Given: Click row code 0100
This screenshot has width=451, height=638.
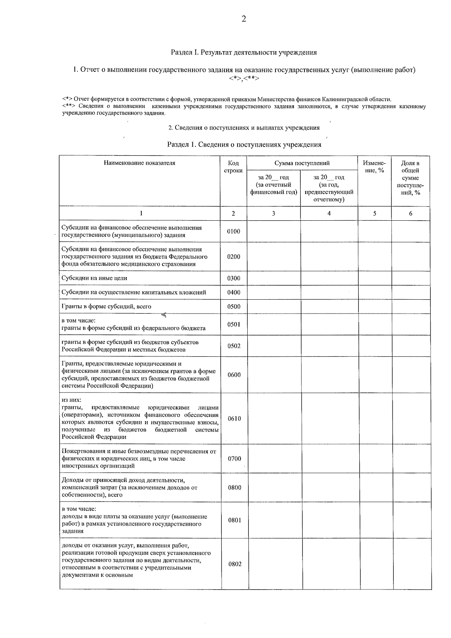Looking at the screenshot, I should [x=233, y=231].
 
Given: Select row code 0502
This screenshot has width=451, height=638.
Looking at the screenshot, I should [x=234, y=346].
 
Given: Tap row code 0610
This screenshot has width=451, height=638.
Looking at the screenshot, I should [x=234, y=418].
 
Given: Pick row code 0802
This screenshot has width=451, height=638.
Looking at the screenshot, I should [x=235, y=564].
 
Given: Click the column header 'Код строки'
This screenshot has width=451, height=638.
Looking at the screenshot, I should [x=233, y=167].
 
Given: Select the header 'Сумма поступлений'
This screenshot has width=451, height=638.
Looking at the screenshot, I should [x=302, y=163].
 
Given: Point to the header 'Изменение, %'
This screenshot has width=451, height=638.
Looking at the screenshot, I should [x=374, y=167].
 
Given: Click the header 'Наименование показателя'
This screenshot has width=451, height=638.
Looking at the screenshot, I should [x=139, y=163].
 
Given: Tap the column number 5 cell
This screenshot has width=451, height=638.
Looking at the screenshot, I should [x=374, y=213].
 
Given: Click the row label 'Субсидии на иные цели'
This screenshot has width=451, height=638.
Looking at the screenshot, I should [x=94, y=278].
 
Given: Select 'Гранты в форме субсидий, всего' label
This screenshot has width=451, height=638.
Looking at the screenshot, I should [x=106, y=306].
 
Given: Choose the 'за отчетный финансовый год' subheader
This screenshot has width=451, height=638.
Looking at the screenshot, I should [x=273, y=185].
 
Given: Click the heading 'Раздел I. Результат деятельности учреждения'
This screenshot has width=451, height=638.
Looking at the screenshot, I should [x=244, y=52].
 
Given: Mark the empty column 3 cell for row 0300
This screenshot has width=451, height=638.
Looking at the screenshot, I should [x=273, y=278].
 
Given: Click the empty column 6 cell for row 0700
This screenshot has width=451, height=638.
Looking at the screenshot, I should [x=411, y=458].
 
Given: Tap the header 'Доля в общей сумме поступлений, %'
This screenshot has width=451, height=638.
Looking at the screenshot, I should [x=410, y=177].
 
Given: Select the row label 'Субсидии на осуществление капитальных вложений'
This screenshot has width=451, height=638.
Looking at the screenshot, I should [x=134, y=292].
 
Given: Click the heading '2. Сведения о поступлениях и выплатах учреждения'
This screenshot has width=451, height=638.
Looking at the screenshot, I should [x=244, y=128].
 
